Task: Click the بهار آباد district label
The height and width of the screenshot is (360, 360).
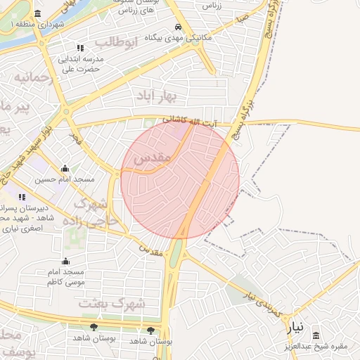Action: (x=174, y=94)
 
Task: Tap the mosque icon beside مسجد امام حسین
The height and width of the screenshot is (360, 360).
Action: (x=65, y=168)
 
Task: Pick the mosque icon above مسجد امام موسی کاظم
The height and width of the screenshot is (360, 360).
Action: (x=65, y=259)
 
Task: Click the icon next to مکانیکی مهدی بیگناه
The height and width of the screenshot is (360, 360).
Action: (x=149, y=37)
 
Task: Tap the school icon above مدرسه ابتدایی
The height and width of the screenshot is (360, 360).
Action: (x=79, y=48)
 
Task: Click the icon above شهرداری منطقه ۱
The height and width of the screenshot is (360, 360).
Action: (x=37, y=14)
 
